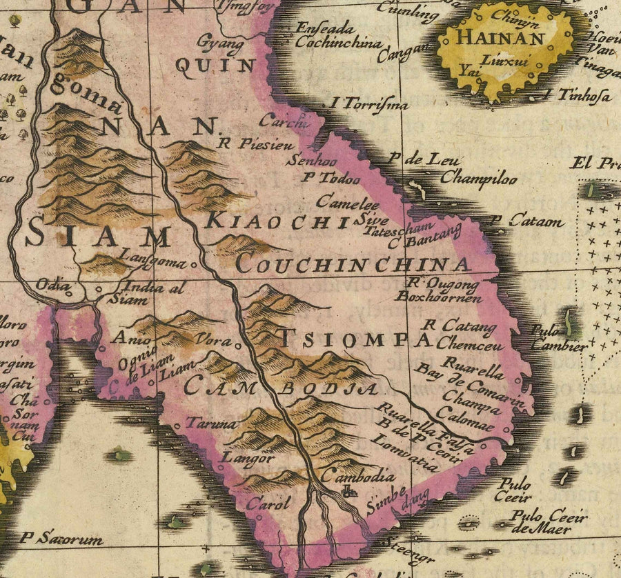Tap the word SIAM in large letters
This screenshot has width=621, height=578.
(x=97, y=237)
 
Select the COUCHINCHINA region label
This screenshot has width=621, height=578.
(x=353, y=264)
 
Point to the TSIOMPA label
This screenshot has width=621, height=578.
(x=355, y=339)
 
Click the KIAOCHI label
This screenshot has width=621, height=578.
(x=276, y=221)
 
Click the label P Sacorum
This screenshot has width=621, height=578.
(x=61, y=539)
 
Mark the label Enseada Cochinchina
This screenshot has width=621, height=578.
(x=338, y=36)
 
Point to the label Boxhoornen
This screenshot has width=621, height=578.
(x=439, y=298)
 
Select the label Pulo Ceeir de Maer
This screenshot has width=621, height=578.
(x=549, y=523)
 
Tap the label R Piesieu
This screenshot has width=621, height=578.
(x=255, y=146)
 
